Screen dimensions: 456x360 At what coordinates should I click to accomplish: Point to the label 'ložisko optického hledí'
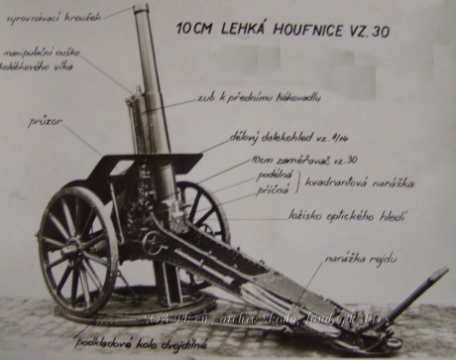333,214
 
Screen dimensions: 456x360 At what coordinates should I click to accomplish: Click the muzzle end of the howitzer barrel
141,9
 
